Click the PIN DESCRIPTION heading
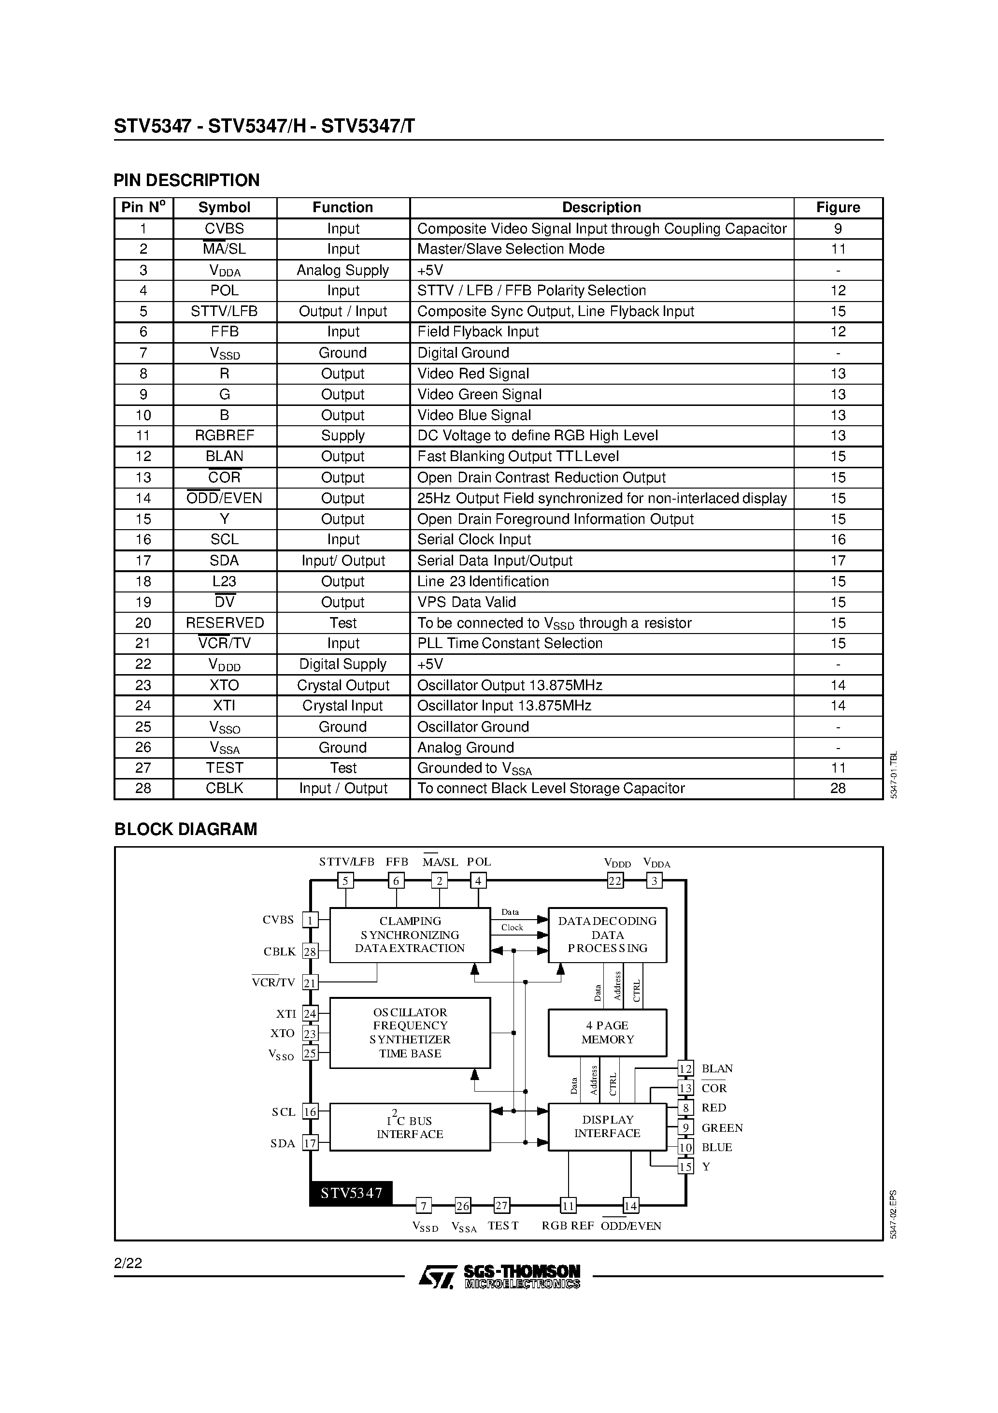click(186, 180)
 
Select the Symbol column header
click(224, 207)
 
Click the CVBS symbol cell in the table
click(224, 228)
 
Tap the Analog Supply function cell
click(342, 270)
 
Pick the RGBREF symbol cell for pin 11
click(224, 436)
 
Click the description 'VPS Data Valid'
click(466, 602)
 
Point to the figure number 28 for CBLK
click(838, 788)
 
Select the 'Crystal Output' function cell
click(342, 685)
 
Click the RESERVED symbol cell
click(225, 623)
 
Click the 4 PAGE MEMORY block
click(607, 1032)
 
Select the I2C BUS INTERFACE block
click(410, 1127)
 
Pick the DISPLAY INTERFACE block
click(607, 1126)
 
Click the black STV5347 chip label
click(351, 1193)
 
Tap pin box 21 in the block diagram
click(310, 983)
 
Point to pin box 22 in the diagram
click(614, 880)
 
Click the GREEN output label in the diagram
click(722, 1127)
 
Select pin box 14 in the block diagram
click(630, 1206)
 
